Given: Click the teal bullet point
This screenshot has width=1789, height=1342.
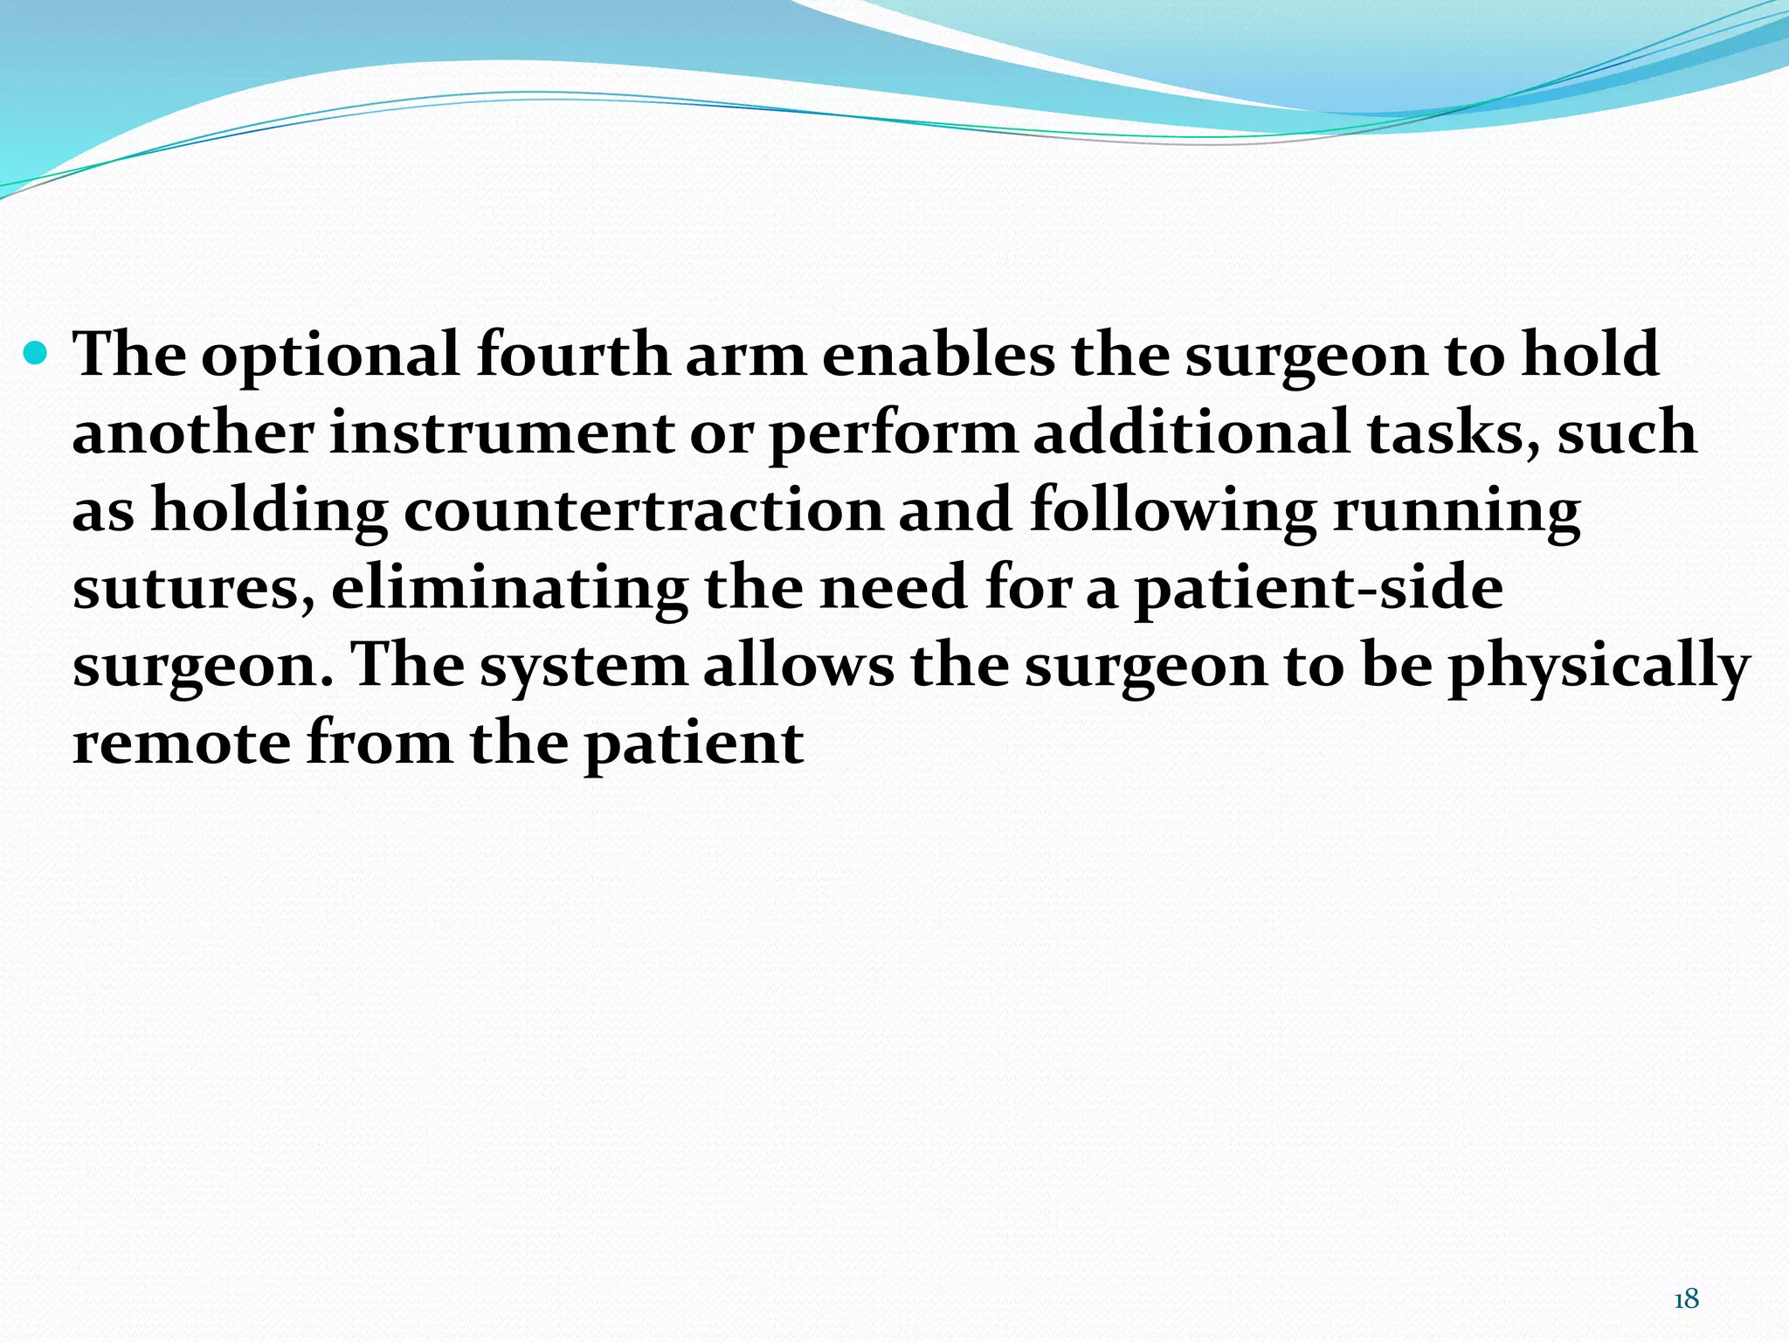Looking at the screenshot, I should (x=37, y=353).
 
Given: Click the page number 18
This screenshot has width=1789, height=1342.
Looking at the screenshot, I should (x=1686, y=1299).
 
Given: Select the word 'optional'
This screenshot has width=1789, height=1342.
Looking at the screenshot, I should (x=330, y=356).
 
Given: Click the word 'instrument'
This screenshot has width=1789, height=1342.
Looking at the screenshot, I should (x=501, y=433).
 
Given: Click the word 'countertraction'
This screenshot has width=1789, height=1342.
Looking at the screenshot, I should (x=643, y=510).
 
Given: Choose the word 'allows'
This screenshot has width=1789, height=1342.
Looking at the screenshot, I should (x=798, y=665).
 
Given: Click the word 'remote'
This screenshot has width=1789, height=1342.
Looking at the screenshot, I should (x=181, y=744).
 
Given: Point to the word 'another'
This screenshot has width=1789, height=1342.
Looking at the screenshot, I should (x=192, y=433).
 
